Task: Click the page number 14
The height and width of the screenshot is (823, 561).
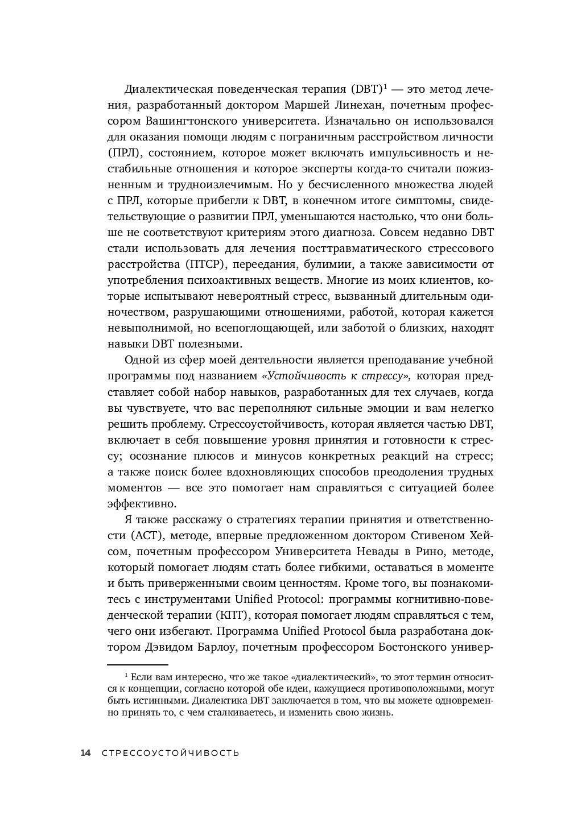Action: coord(85,753)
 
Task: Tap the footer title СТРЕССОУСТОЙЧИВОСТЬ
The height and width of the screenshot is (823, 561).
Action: coord(170,753)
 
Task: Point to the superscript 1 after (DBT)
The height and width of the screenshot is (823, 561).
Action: coord(385,86)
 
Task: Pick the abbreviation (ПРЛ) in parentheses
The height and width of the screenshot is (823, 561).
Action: coord(124,153)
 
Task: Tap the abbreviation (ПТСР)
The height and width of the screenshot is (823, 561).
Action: coord(206,264)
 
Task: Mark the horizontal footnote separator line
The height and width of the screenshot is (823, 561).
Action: coord(138,664)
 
